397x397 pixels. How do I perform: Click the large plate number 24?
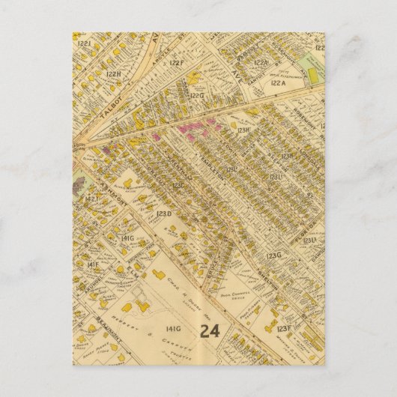tap(210, 330)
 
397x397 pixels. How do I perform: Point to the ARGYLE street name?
tap(160, 55)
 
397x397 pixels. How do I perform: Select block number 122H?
tap(112, 73)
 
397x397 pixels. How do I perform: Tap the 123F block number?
tap(283, 327)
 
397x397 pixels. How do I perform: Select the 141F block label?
tap(92, 265)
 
